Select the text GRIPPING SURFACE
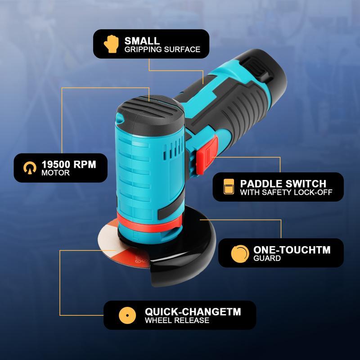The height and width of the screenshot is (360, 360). (x=162, y=49)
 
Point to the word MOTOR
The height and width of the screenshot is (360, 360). (x=55, y=173)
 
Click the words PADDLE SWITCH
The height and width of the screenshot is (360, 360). (x=283, y=184)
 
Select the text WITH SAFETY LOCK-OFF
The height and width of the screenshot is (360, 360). (x=286, y=193)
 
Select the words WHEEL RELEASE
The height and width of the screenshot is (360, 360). (x=177, y=321)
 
